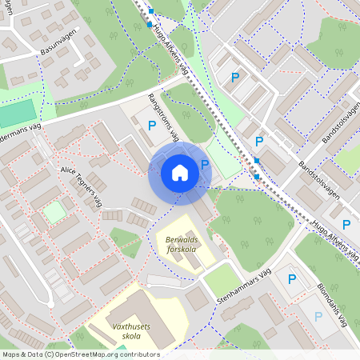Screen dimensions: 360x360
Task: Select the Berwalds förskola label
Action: [180, 243]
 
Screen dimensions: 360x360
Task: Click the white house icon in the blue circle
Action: [179, 173]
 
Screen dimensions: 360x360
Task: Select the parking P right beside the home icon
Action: [205, 165]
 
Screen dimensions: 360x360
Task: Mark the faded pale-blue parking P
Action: [318, 316]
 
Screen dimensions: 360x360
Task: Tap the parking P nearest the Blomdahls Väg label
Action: [346, 226]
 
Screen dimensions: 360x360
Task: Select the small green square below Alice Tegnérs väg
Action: [54, 213]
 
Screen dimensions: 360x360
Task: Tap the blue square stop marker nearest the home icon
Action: [257, 161]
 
